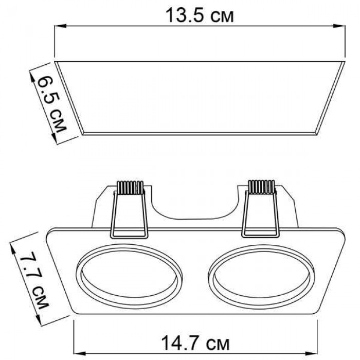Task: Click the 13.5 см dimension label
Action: click(200, 15)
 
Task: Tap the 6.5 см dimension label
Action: click(51, 104)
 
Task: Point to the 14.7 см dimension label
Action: click(195, 343)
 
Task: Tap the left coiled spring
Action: click(131, 188)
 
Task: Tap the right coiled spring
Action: click(262, 187)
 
